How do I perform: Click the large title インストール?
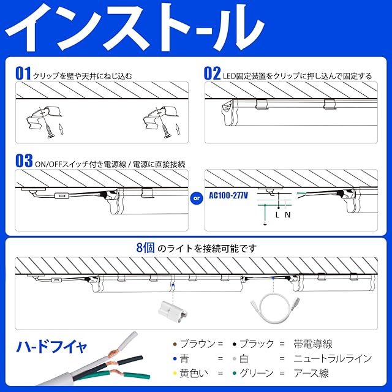click(x=135, y=28)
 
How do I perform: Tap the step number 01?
click(x=23, y=73)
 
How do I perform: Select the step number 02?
click(x=212, y=73)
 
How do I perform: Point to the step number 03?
click(x=24, y=160)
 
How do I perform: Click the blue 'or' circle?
click(x=197, y=198)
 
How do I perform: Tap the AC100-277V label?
click(x=228, y=195)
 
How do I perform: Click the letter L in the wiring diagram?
click(x=277, y=214)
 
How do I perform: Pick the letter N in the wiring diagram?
click(x=287, y=214)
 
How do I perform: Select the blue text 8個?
click(x=145, y=247)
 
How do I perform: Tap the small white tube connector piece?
click(x=173, y=311)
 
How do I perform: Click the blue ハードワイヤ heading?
click(x=51, y=346)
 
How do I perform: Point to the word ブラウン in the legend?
click(x=197, y=344)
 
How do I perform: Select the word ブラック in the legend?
click(x=257, y=344)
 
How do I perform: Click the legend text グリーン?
click(x=257, y=373)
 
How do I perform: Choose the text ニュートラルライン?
click(x=333, y=359)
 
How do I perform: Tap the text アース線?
click(x=311, y=373)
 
